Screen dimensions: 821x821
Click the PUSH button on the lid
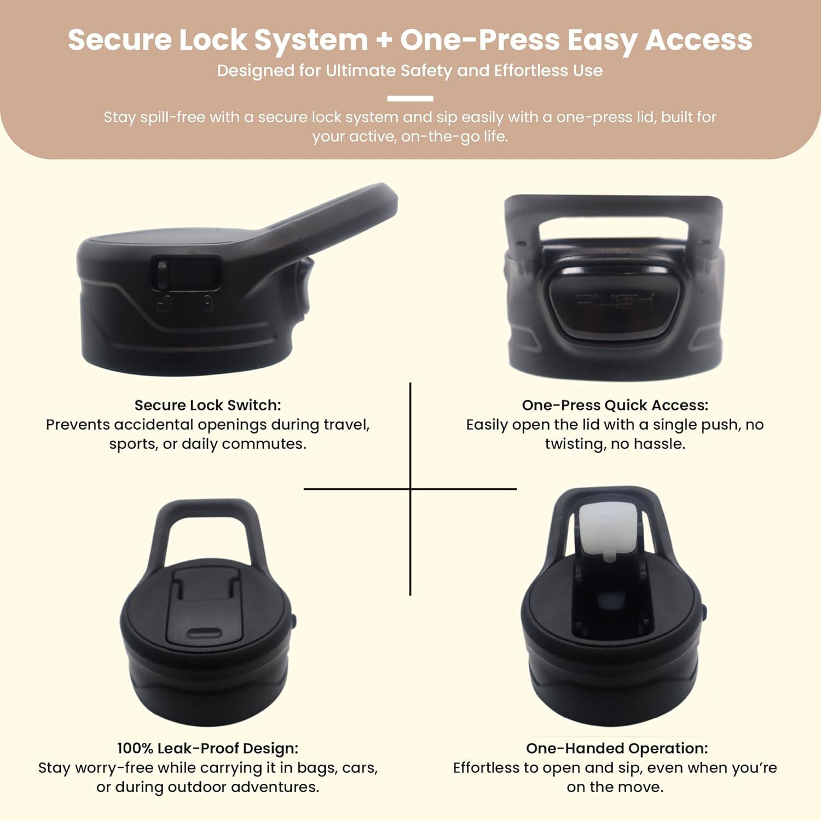click(614, 300)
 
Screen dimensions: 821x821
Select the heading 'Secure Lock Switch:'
click(208, 405)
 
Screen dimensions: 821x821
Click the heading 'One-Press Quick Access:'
click(615, 405)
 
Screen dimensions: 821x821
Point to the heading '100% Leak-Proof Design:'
click(208, 748)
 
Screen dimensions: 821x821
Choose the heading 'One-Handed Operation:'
click(617, 748)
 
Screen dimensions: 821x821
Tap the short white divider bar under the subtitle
click(410, 99)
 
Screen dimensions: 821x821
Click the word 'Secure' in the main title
click(120, 40)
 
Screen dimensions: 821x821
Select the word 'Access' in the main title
click(699, 40)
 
